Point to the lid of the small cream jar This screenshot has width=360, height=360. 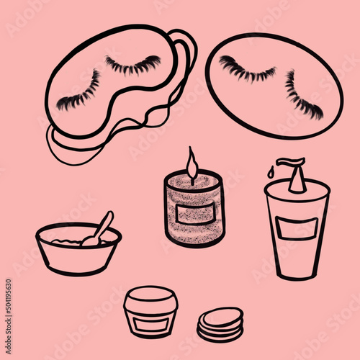150,297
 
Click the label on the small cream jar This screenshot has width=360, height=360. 150,323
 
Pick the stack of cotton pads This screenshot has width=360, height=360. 220,326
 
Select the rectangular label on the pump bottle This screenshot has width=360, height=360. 297,228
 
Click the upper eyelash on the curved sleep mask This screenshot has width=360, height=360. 133,66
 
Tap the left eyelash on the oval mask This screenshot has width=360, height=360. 246,71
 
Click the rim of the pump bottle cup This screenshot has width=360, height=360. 297,189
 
